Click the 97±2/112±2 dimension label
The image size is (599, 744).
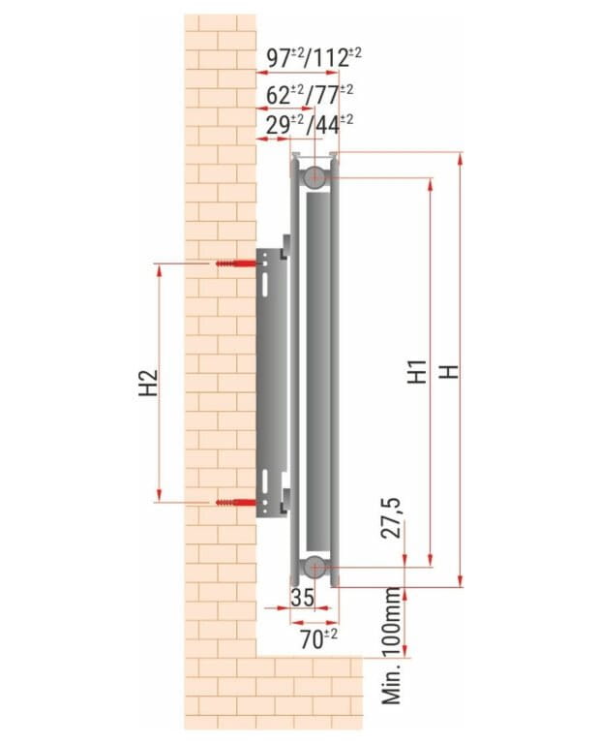(x=314, y=57)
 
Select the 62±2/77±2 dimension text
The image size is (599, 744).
(x=310, y=95)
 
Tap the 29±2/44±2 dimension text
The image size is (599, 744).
(x=310, y=125)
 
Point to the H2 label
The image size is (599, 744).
(x=149, y=383)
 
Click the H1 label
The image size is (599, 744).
(x=417, y=372)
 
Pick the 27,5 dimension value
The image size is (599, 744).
(x=392, y=517)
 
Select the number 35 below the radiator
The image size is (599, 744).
(x=302, y=598)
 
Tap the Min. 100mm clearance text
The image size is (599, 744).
(x=392, y=646)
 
